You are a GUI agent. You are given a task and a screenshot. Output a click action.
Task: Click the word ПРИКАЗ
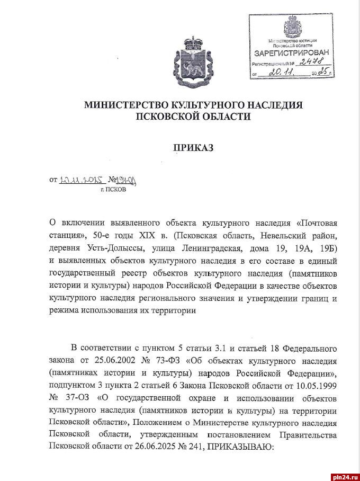(x=193, y=148)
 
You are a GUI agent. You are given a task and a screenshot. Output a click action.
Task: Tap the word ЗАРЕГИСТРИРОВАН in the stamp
(x=291, y=53)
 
